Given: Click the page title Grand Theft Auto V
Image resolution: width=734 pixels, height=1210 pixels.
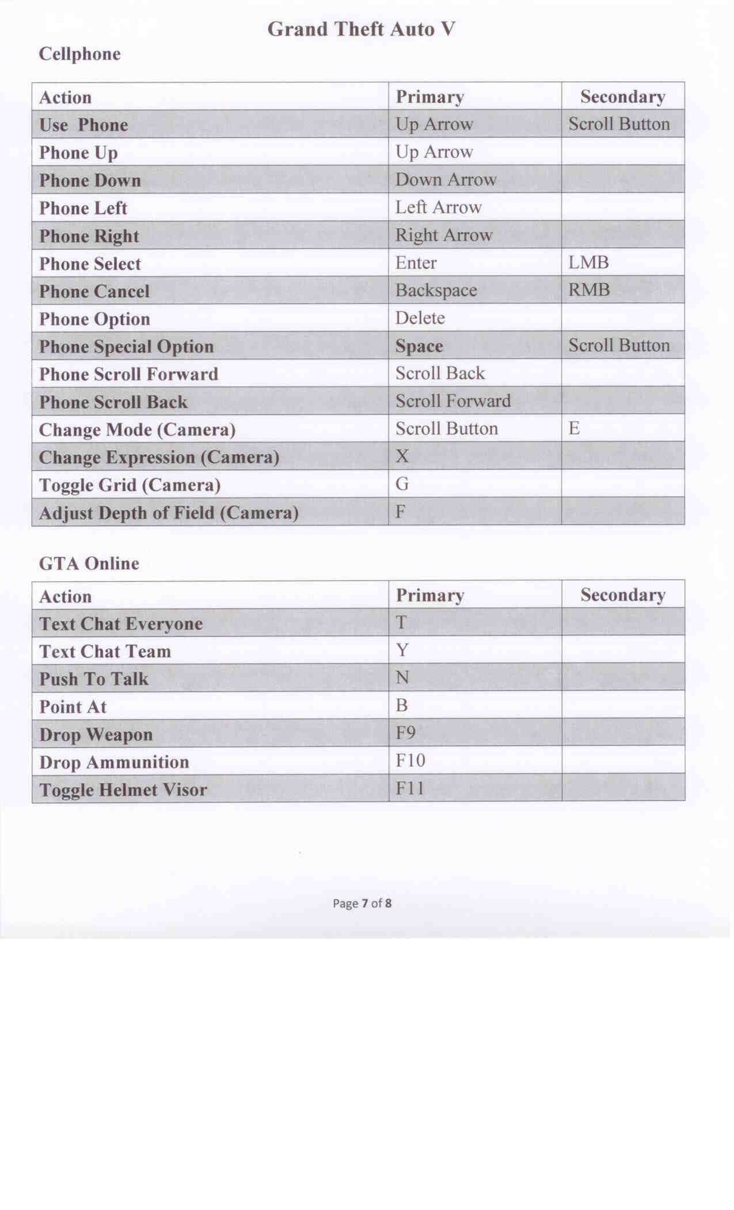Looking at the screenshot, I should click(x=361, y=29).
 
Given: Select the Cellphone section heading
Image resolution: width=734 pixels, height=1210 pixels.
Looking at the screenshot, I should click(x=79, y=54).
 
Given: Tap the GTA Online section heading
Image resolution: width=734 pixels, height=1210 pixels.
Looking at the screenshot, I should click(x=89, y=564).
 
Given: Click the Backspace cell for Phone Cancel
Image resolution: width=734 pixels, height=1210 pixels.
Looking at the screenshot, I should click(x=436, y=290).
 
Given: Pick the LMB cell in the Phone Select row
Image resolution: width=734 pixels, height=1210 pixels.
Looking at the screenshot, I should click(x=588, y=263).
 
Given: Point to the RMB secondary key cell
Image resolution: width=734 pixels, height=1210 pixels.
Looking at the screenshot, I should click(x=589, y=290).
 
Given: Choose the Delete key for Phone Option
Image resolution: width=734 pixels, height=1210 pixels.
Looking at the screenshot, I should click(x=420, y=318).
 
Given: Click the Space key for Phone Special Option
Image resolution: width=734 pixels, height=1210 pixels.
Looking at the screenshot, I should click(x=419, y=346).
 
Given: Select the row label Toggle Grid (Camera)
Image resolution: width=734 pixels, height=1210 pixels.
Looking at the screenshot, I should click(x=130, y=485).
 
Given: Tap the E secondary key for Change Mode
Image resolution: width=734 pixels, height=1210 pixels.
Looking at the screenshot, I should click(x=574, y=428).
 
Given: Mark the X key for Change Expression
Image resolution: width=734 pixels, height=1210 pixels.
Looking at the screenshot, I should click(x=402, y=456).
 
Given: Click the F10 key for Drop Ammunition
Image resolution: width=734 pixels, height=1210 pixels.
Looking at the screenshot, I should click(x=410, y=761).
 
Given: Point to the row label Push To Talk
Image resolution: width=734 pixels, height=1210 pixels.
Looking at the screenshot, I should click(x=94, y=679).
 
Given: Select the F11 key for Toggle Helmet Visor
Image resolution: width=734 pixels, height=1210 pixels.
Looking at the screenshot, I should click(x=409, y=788).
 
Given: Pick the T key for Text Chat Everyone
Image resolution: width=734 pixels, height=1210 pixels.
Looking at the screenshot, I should click(x=401, y=623).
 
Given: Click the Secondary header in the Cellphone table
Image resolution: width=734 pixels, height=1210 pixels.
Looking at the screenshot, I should click(x=622, y=97).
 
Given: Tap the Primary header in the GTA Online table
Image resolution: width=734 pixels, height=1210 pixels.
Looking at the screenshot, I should click(x=429, y=595).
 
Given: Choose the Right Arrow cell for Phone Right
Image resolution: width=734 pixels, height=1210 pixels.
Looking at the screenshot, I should click(x=443, y=235).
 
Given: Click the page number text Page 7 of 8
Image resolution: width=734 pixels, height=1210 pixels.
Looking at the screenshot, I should click(x=362, y=903).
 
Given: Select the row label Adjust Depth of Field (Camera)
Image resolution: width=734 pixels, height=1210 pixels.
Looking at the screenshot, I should click(x=168, y=513).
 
